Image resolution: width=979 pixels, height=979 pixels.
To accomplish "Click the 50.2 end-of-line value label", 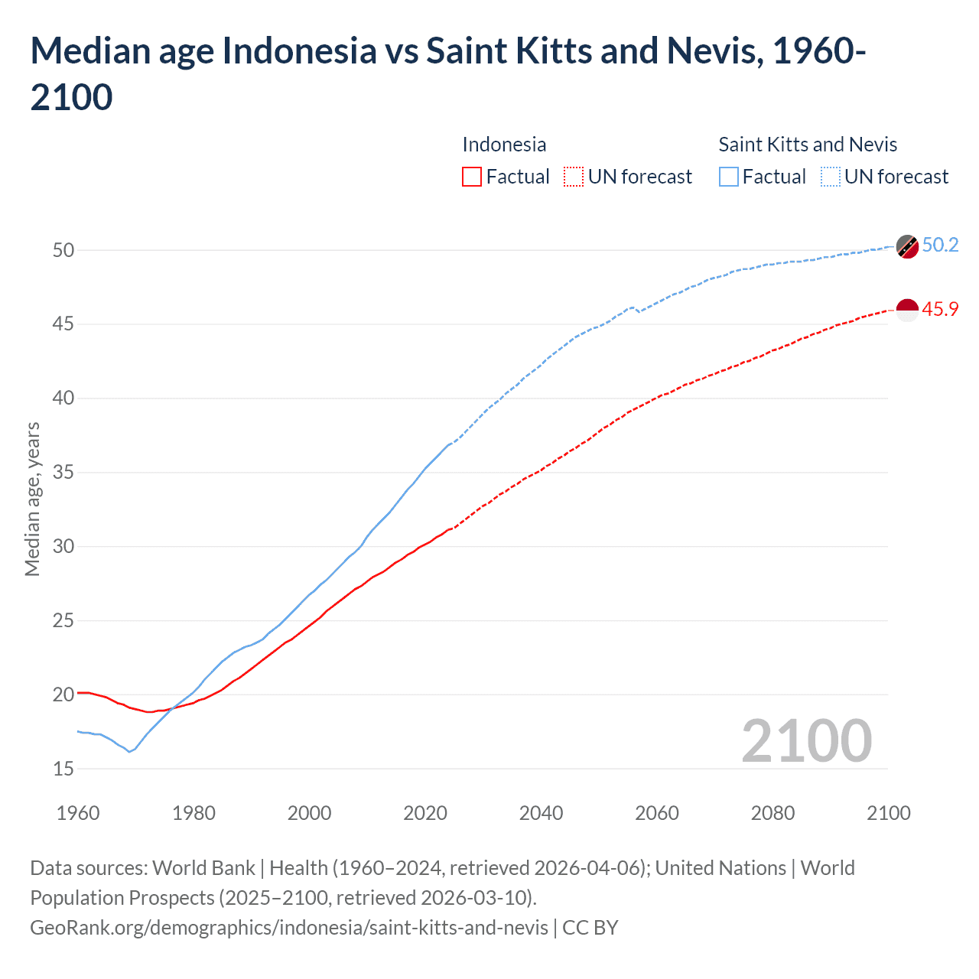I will (940, 245).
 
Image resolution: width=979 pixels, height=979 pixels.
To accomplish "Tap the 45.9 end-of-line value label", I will (940, 309).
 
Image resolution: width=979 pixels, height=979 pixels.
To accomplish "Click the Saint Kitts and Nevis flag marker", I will (907, 246).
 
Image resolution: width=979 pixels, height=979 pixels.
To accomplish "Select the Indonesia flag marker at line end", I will (907, 311).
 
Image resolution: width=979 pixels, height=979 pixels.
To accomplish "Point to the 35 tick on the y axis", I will (63, 472).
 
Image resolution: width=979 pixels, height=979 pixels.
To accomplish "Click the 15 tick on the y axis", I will (63, 769).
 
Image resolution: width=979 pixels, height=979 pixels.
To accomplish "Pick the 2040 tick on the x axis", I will (541, 813).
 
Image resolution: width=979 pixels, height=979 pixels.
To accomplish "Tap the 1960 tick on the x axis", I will (78, 813).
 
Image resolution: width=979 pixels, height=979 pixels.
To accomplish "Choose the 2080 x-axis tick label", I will (772, 813).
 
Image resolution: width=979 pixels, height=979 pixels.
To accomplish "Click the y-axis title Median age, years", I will (32, 499).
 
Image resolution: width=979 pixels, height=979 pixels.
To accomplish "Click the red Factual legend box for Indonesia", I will (472, 177).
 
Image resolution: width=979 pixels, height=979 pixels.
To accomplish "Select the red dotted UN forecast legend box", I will (574, 177).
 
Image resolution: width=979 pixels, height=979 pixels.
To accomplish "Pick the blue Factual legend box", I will (729, 177).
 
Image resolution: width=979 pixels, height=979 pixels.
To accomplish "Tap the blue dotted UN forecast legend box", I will (831, 177).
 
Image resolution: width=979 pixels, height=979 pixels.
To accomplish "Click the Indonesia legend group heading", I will (504, 145).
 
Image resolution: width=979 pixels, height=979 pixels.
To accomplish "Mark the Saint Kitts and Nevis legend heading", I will (808, 145).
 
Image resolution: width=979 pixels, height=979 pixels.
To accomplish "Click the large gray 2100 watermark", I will (806, 741).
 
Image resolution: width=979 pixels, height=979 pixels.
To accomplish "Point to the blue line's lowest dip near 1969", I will (129, 752).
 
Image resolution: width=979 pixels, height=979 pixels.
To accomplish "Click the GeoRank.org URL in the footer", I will (289, 928).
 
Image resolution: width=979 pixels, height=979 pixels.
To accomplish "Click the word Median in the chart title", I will (90, 51).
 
